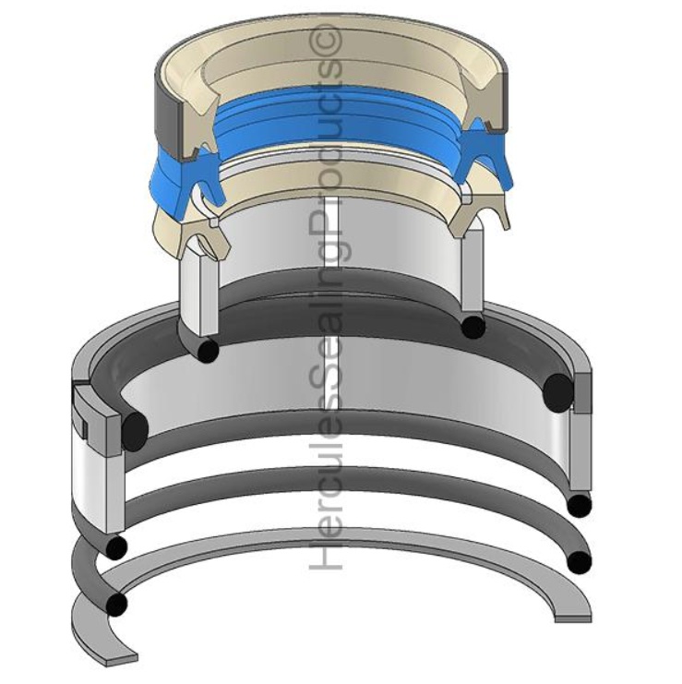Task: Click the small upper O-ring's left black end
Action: [208, 350]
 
